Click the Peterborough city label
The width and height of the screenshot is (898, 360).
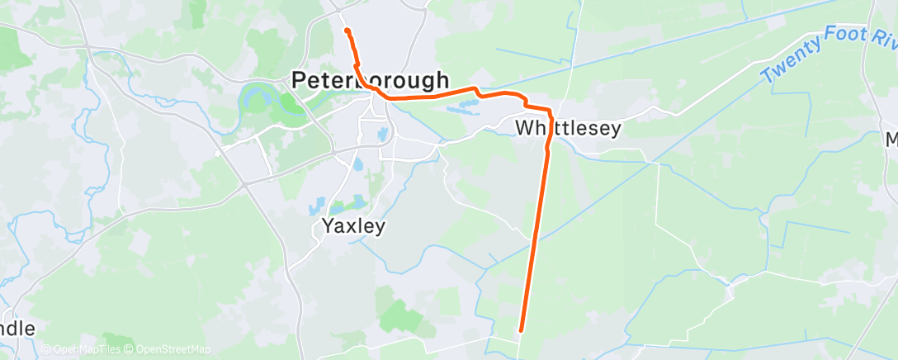pyautogui.click(x=371, y=80)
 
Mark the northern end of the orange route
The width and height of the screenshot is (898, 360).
pyautogui.click(x=347, y=31)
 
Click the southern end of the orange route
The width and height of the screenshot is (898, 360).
pyautogui.click(x=522, y=331)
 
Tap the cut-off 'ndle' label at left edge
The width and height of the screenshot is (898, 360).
pyautogui.click(x=17, y=328)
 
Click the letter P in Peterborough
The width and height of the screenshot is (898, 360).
pyautogui.click(x=300, y=81)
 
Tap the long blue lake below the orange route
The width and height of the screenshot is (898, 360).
pyautogui.click(x=465, y=106)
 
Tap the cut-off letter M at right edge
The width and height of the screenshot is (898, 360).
pyautogui.click(x=891, y=140)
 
